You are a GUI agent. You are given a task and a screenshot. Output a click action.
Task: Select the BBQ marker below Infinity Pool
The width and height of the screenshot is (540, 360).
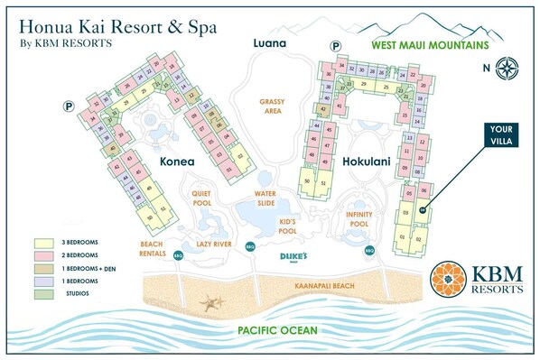point(368,250)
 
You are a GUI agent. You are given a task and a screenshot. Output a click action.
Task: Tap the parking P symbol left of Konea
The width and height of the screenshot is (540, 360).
point(67,106)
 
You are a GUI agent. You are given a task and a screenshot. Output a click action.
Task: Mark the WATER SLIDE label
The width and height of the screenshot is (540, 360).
point(265,197)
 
